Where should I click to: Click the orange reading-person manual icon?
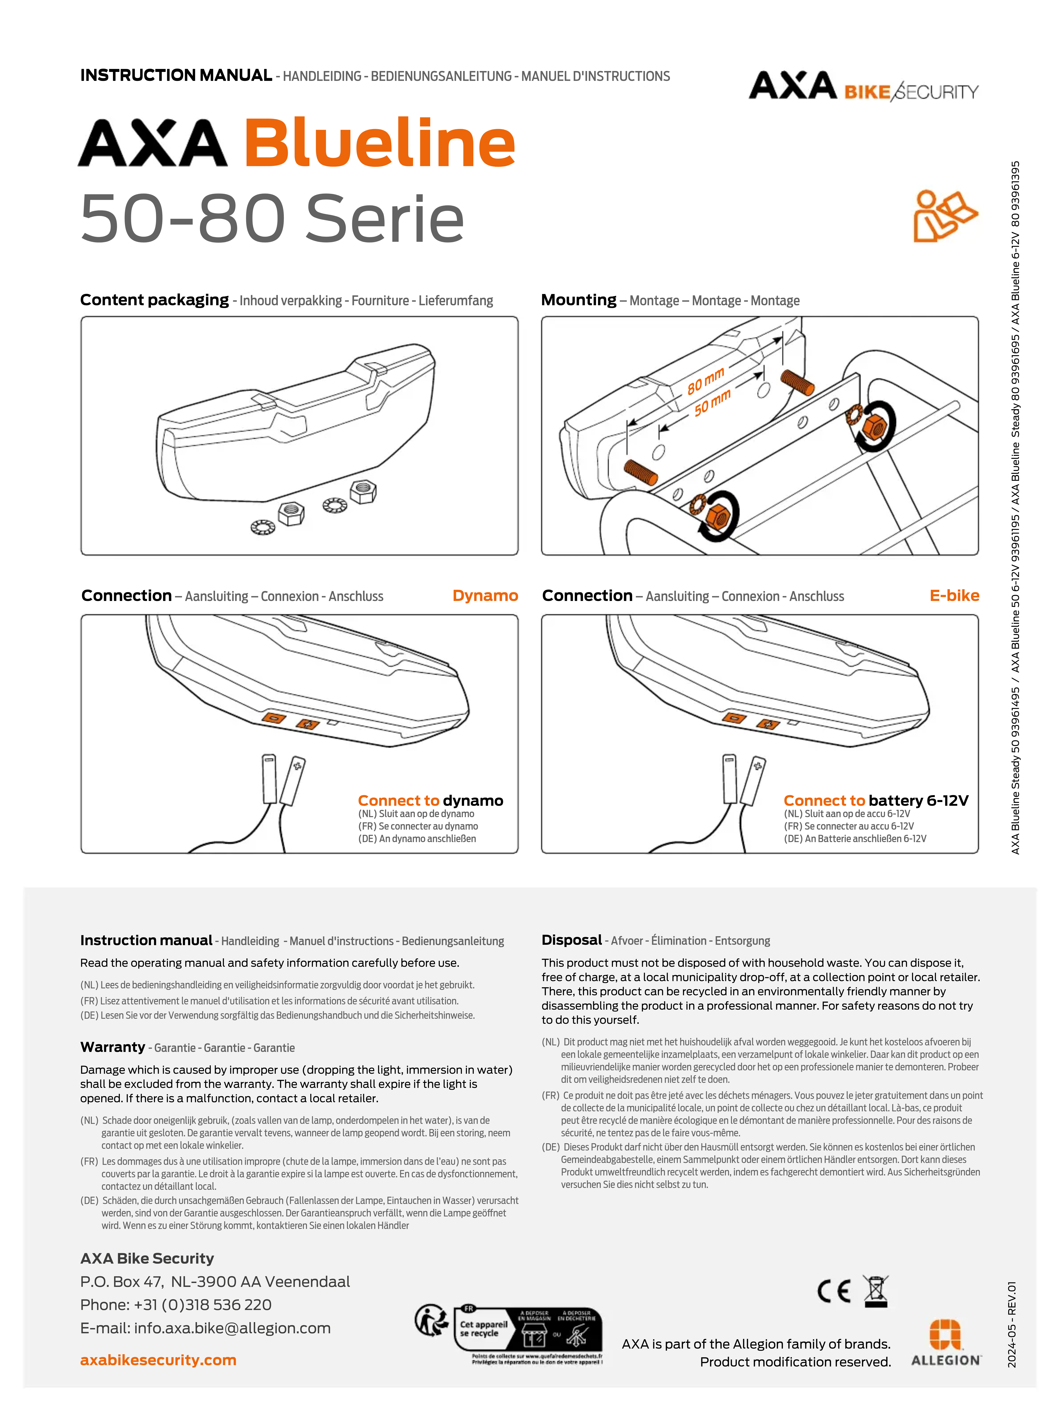[x=945, y=216]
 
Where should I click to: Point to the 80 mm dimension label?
[x=705, y=381]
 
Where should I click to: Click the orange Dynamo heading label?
[x=485, y=596]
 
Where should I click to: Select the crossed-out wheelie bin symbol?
[x=876, y=1291]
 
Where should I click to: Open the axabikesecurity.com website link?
[x=158, y=1360]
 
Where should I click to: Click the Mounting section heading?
[x=578, y=300]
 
